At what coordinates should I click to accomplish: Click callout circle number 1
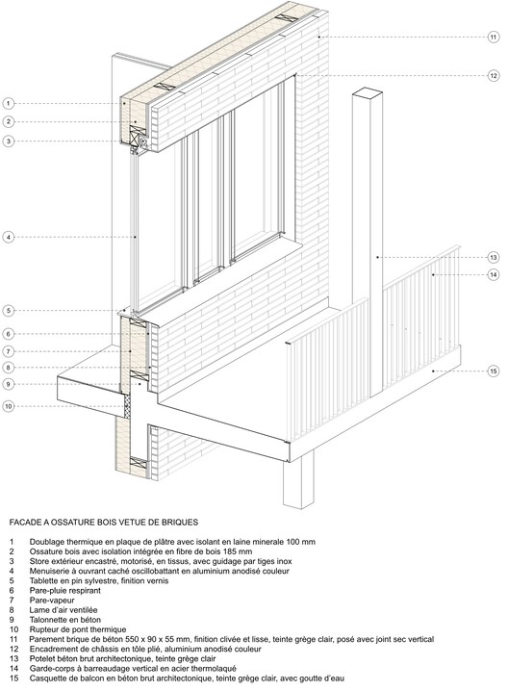coord(8,103)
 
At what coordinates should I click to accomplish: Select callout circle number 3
coord(8,141)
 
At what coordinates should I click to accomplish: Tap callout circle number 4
coord(8,237)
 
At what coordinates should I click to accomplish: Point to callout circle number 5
coord(8,311)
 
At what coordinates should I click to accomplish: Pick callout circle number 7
coord(8,350)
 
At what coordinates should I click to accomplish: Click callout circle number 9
coord(8,384)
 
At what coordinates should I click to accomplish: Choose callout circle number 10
coord(8,406)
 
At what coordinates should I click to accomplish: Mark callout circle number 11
coord(493,38)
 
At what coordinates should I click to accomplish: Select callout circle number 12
coord(493,75)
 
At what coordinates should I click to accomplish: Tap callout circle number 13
coord(493,257)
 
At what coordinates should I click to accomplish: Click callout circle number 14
coord(493,275)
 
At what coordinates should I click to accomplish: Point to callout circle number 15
coord(493,371)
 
